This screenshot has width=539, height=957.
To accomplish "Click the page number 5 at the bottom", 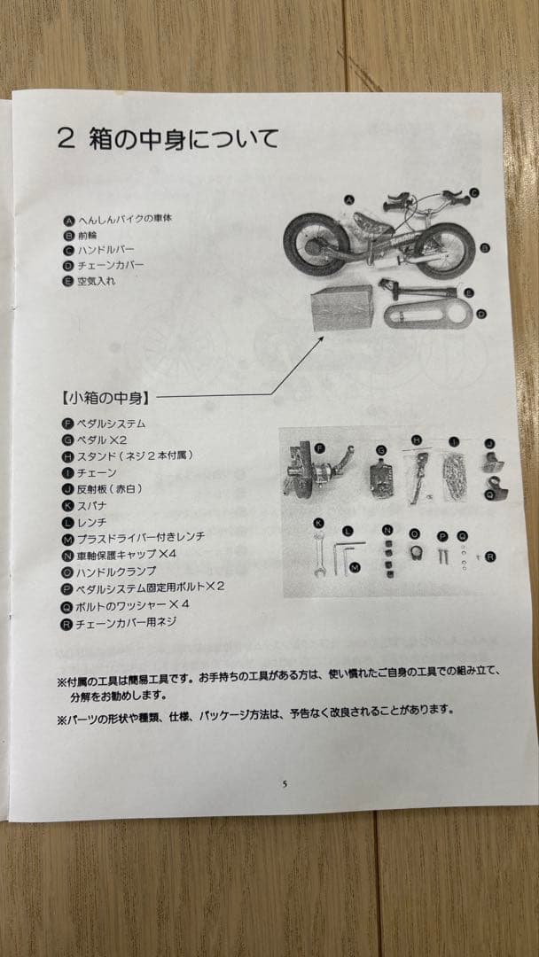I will (285, 784).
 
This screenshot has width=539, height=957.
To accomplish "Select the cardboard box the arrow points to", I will (342, 310).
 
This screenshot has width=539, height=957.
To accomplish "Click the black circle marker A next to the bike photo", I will (349, 200).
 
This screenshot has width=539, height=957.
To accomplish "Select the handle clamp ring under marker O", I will (415, 553).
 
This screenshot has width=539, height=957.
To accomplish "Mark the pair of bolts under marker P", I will (441, 556).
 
